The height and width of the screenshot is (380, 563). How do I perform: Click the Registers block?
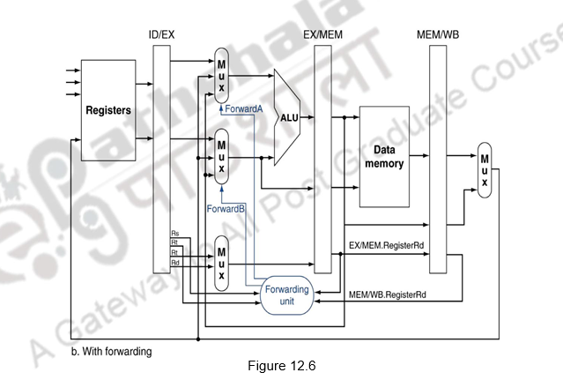point(108,111)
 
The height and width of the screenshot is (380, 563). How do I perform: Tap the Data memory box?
point(384,156)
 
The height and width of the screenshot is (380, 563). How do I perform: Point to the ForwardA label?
point(244,108)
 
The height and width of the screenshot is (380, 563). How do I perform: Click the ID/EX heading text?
point(160,35)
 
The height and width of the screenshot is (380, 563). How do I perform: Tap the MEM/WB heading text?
point(438,35)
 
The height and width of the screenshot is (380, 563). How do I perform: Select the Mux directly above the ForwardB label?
point(221,155)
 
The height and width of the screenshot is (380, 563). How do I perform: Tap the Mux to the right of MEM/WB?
point(483,169)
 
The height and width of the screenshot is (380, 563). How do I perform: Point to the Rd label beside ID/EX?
point(174,261)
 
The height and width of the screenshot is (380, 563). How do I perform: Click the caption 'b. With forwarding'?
point(110,351)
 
